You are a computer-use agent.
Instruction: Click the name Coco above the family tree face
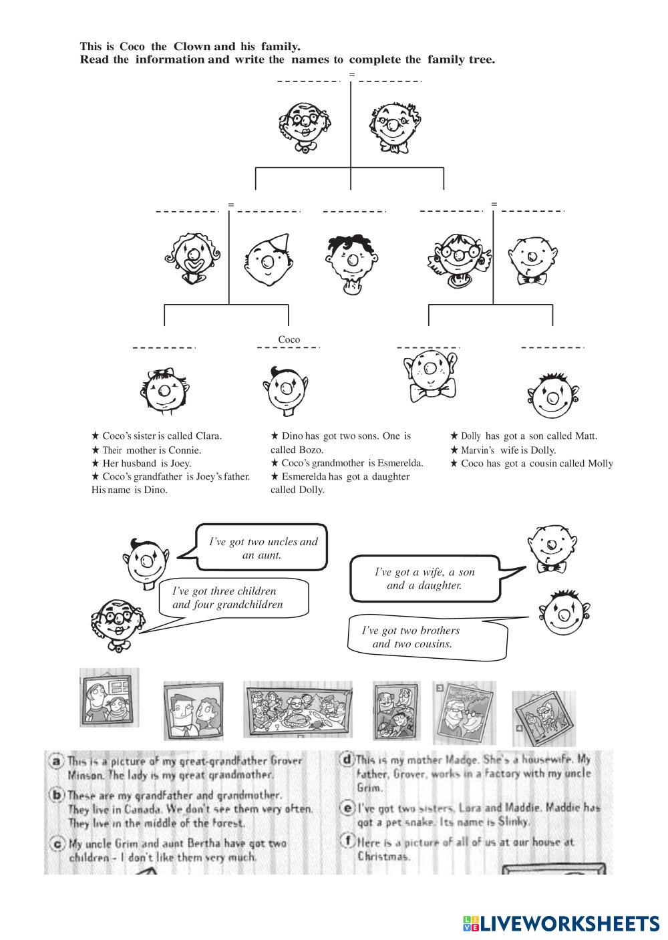click(289, 339)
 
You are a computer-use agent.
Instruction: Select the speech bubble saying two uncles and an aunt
click(263, 548)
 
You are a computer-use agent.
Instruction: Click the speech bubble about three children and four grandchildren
click(234, 598)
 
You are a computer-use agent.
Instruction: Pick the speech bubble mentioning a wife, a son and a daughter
click(425, 579)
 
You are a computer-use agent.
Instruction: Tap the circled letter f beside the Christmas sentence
click(347, 842)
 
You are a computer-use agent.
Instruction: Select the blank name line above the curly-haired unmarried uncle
click(354, 212)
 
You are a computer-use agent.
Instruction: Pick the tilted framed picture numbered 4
click(544, 719)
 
